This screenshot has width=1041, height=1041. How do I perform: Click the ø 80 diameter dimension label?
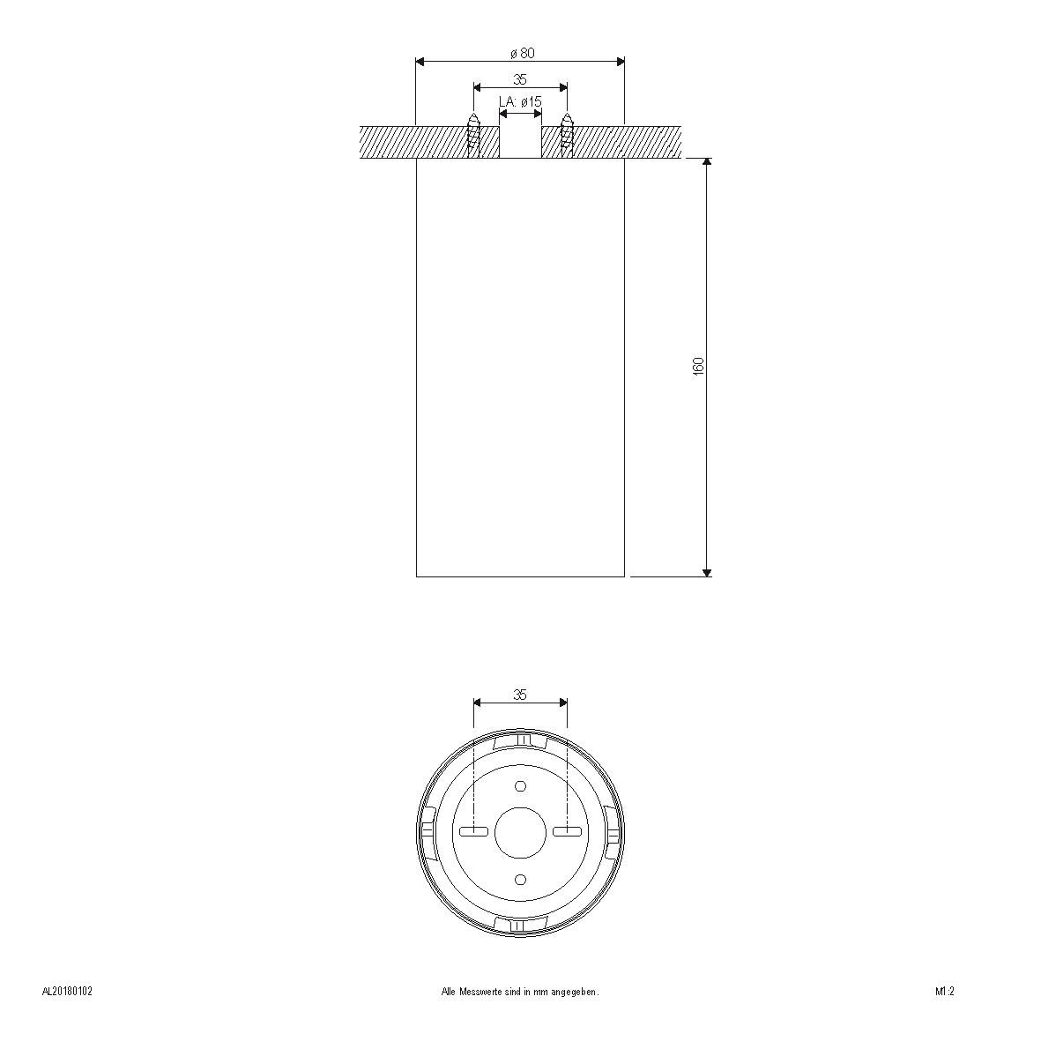(523, 53)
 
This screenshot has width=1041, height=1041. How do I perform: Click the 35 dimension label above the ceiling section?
(520, 79)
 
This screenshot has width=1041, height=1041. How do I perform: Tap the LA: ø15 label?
(520, 101)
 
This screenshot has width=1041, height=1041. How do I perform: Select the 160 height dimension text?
(698, 367)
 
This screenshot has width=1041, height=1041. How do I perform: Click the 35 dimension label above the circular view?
(520, 695)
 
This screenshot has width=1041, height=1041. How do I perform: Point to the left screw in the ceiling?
(474, 136)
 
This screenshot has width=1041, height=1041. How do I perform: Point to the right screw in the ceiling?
(567, 136)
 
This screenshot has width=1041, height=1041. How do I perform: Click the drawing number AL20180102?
(67, 992)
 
